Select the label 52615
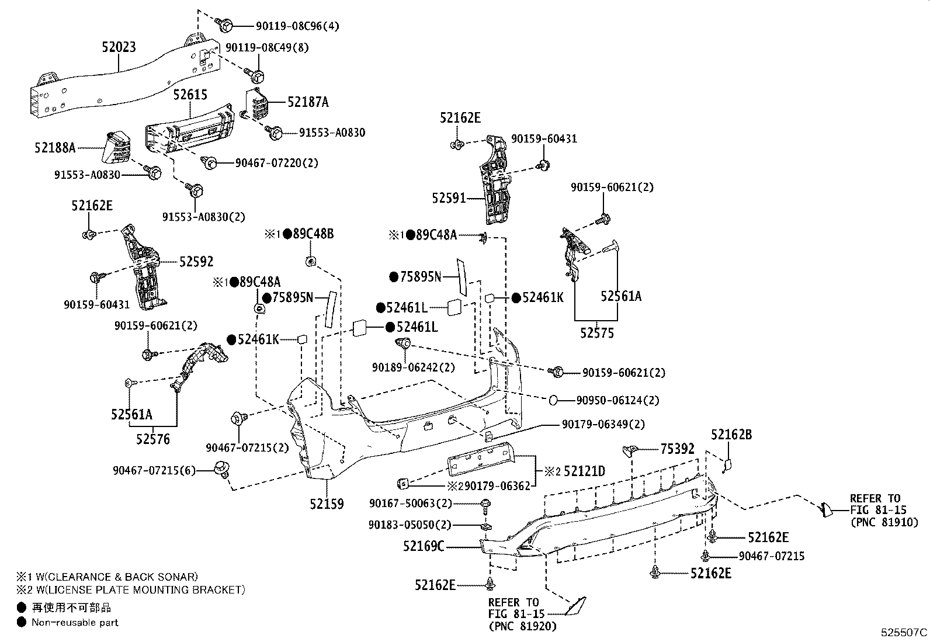pos(190,95)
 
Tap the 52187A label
pos(307,102)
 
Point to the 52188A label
pos(54,148)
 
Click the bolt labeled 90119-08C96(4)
pos(225,25)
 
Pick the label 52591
pos(449,198)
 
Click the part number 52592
pos(196,262)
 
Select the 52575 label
pos(596,333)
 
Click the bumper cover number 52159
pos(327,503)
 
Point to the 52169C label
pos(424,546)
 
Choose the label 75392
pos(678,449)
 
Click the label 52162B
pos(731,434)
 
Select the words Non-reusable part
pos(75,623)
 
